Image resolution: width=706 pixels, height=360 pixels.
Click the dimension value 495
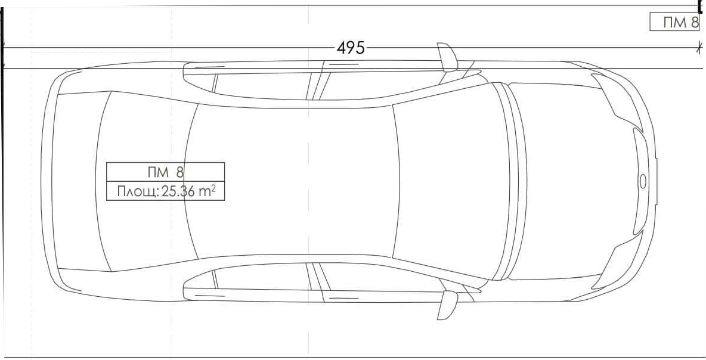[351, 48]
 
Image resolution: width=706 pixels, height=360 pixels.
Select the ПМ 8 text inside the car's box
[166, 172]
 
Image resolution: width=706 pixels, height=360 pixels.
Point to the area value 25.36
[178, 191]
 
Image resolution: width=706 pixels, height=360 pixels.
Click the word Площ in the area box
[137, 192]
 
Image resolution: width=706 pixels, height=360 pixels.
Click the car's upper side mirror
[448, 57]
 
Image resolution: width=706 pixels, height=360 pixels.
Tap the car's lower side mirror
[448, 305]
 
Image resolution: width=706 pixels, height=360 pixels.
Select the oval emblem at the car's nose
[643, 181]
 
